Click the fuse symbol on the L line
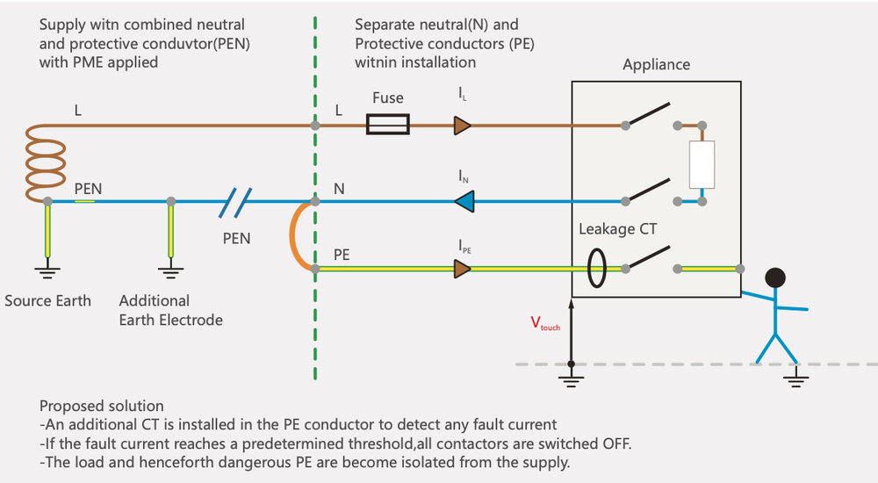386,126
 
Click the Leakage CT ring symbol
597,269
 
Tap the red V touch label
545,323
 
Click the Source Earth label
47,300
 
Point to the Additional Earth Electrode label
170,310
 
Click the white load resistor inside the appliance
702,164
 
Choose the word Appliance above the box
656,65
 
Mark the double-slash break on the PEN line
235,202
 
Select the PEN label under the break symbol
235,238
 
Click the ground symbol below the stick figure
796,378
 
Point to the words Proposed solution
101,406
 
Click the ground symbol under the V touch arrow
572,378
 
